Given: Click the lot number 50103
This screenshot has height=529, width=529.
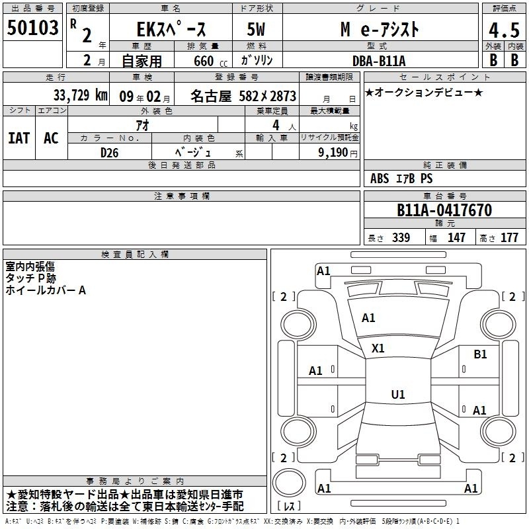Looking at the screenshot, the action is click(32, 28).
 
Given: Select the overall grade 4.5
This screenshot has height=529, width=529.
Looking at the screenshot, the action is click(504, 30).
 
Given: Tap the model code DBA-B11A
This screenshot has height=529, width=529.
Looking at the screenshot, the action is click(379, 61).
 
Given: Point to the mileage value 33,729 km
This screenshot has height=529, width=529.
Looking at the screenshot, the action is click(80, 95).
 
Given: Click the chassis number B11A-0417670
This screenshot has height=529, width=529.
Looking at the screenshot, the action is click(444, 210).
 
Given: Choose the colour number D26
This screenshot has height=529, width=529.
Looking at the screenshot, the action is click(109, 153).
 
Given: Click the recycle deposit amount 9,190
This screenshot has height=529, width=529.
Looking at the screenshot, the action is click(333, 153).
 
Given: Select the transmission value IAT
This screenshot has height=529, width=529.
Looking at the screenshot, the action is click(19, 138).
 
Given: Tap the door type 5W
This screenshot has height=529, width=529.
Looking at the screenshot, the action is click(256, 29).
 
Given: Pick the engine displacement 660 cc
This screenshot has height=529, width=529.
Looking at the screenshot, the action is click(210, 61).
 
